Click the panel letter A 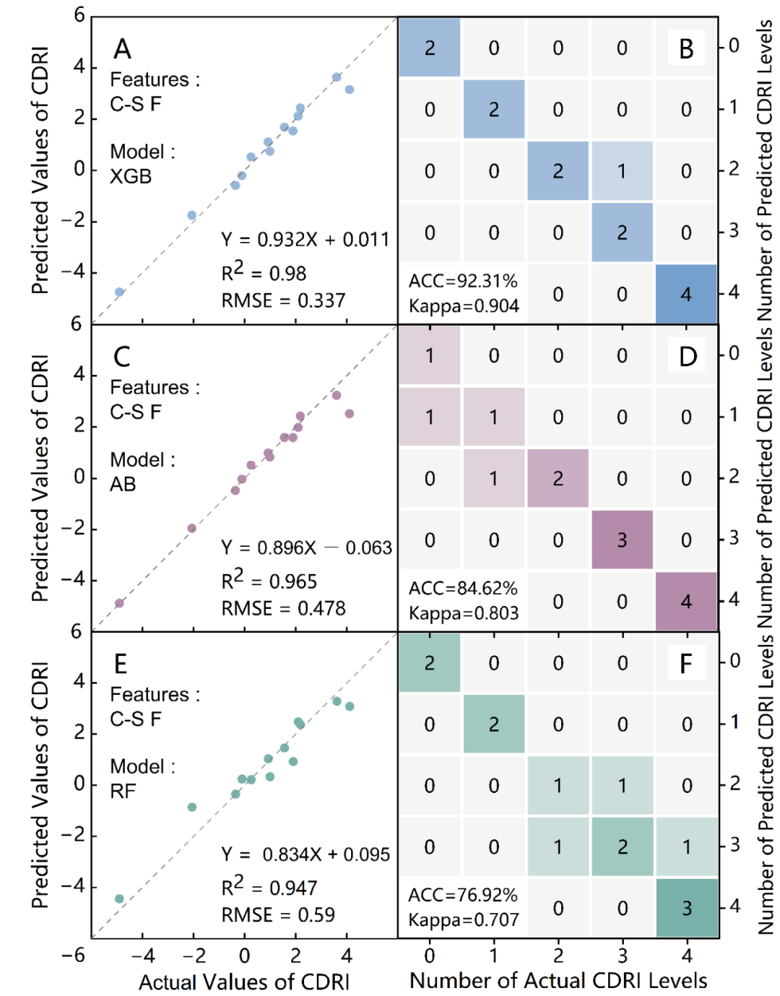coord(123,49)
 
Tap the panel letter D coord(688,356)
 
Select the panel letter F coord(686,663)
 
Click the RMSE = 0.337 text coord(283,300)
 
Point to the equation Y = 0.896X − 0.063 coord(306,548)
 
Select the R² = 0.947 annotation coord(269,888)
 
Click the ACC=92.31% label coord(463,281)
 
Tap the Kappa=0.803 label coord(464,614)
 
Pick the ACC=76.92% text coord(463,896)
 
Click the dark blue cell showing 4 coord(686,294)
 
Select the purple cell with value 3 coord(622,540)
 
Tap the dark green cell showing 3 coord(687,908)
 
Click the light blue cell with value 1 coord(622,171)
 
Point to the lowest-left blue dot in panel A coord(119,292)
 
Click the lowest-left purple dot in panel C coord(119,603)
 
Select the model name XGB coord(131,177)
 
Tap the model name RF coord(123,792)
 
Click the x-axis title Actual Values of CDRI coord(244,982)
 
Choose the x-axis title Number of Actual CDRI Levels coord(558,981)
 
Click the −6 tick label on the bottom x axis coord(74,956)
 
